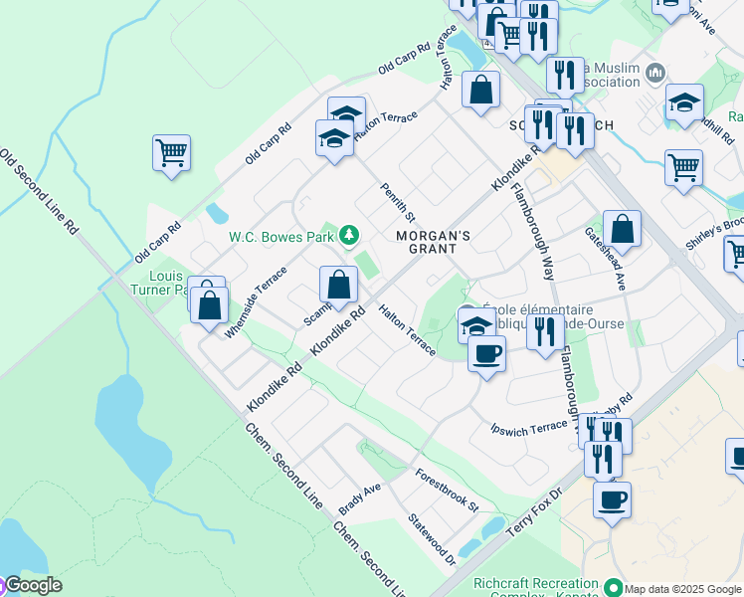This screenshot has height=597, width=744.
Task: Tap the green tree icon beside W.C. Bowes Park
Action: [x=348, y=236]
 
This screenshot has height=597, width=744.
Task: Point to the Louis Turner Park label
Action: [x=165, y=283]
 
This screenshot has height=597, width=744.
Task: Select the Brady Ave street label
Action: [x=360, y=495]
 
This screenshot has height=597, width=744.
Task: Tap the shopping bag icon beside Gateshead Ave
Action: [x=622, y=229]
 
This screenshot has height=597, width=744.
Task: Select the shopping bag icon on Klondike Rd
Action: [x=338, y=285]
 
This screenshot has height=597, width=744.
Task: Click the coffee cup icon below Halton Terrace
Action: [x=486, y=354]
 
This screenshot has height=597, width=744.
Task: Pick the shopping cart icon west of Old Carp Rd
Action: [x=171, y=153]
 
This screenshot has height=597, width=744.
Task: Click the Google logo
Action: [x=32, y=585]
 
